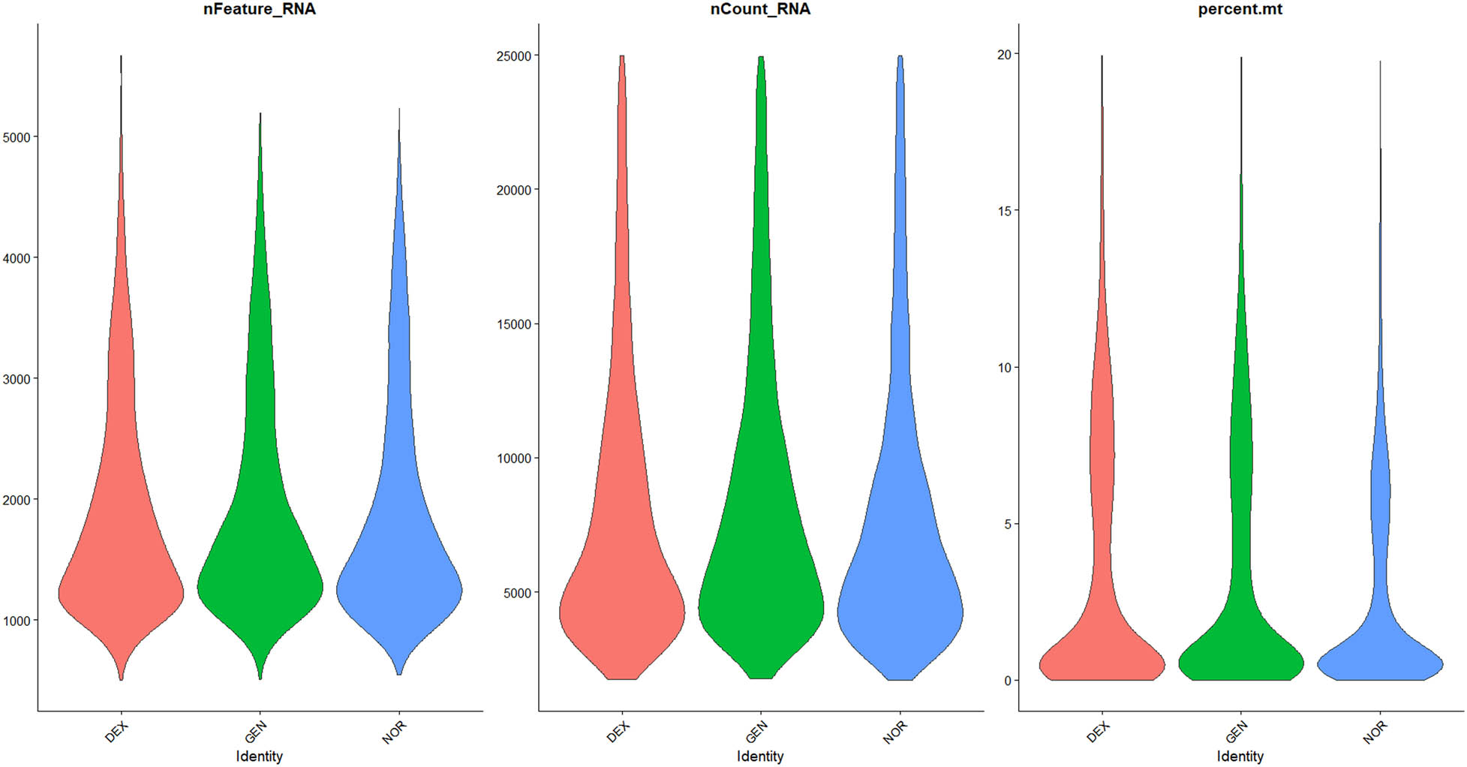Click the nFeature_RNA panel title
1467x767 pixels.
pyautogui.click(x=259, y=10)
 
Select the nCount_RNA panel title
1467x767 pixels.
pyautogui.click(x=760, y=10)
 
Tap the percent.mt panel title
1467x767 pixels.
pyautogui.click(x=1240, y=10)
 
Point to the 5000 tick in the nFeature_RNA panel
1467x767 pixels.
pyautogui.click(x=17, y=137)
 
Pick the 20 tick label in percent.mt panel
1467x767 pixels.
pyautogui.click(x=1003, y=54)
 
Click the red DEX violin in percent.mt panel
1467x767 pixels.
pyautogui.click(x=1102, y=660)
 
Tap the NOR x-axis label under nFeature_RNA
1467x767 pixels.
pyautogui.click(x=394, y=732)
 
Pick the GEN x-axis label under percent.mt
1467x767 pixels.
pyautogui.click(x=1236, y=732)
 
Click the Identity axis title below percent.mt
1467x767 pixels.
pyautogui.click(x=1240, y=756)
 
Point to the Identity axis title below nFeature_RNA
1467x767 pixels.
pyautogui.click(x=259, y=756)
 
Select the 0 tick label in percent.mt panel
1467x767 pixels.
pyautogui.click(x=1007, y=681)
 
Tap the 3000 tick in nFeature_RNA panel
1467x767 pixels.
pyautogui.click(x=17, y=379)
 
